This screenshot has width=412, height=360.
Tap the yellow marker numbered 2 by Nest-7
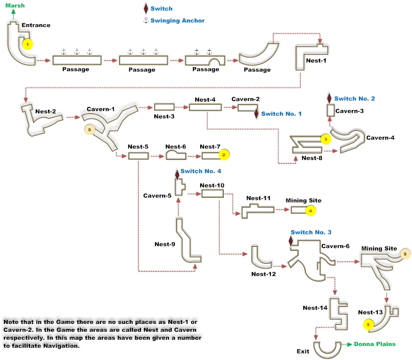click(x=224, y=155)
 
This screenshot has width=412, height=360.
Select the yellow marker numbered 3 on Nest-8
click(x=325, y=139)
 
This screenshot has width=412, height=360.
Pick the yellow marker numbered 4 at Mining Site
click(x=311, y=210)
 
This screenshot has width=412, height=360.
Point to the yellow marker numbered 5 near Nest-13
click(x=368, y=325)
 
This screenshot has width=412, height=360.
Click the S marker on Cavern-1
click(x=90, y=129)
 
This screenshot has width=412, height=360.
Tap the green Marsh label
click(x=15, y=5)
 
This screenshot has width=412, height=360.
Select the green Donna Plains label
click(x=375, y=344)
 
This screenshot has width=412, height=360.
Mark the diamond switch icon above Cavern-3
click(x=329, y=98)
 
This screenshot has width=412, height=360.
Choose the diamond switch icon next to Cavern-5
click(x=177, y=174)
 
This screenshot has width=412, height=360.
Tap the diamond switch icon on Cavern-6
click(x=291, y=241)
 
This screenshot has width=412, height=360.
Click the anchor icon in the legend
click(x=145, y=20)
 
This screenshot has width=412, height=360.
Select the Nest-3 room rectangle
click(x=164, y=107)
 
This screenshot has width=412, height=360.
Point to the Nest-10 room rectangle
click(x=212, y=193)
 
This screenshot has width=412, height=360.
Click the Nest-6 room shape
click(x=175, y=155)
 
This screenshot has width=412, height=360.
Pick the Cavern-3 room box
click(x=330, y=110)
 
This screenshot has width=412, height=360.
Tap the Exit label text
click(x=303, y=352)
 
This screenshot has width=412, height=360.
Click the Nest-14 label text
click(x=315, y=308)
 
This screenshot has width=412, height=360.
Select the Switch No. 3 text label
click(x=311, y=232)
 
